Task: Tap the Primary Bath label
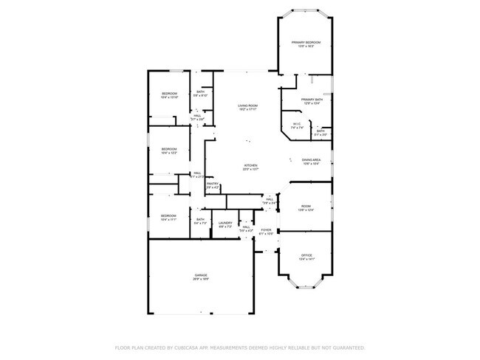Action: coord(310,100)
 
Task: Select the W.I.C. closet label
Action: coord(297,124)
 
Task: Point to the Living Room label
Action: coord(247,106)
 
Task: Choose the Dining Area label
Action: coord(310,160)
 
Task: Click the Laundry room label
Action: coord(226,223)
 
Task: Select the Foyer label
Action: coord(266,230)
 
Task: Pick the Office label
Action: coord(306,255)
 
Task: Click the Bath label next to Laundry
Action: coord(200,219)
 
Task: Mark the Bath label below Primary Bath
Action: coord(320,131)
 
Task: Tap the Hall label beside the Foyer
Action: coord(247,227)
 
